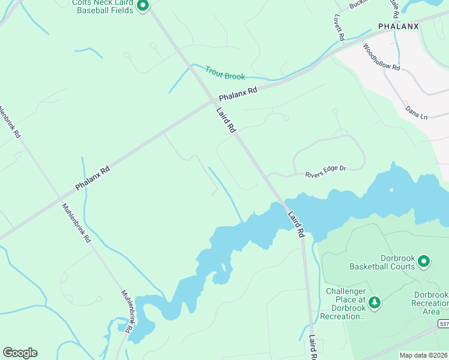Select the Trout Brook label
tap(225, 73)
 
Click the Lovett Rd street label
tap(339, 28)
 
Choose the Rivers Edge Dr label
tap(326, 169)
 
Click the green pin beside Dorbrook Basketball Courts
tap(424, 261)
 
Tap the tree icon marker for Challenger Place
tap(375, 301)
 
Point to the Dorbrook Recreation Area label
tap(431, 303)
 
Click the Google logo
tap(20, 353)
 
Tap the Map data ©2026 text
tap(423, 355)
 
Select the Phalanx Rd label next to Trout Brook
tap(238, 94)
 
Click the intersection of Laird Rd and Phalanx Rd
tap(214, 100)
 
